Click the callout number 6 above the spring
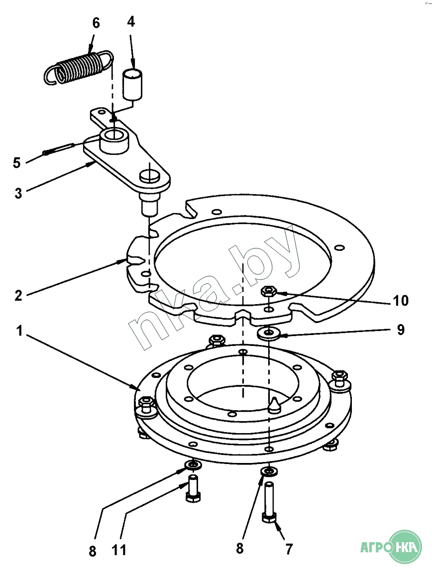click(x=96, y=23)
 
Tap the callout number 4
click(x=131, y=21)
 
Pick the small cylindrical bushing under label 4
click(x=133, y=83)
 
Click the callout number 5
click(x=17, y=163)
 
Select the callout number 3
click(x=18, y=193)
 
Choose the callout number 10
click(x=400, y=301)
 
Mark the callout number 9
click(x=400, y=330)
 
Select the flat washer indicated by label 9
click(x=269, y=332)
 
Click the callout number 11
click(x=119, y=550)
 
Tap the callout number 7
click(x=289, y=549)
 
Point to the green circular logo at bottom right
click(x=405, y=547)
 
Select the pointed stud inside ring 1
click(x=273, y=405)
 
